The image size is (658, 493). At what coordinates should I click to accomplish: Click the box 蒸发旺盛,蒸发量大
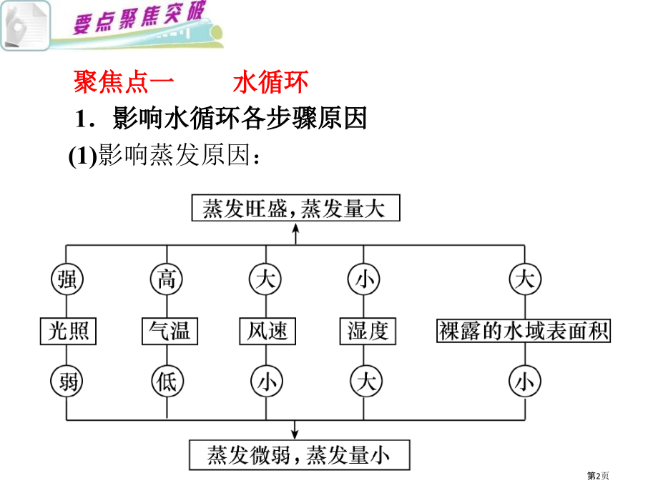tap(295, 209)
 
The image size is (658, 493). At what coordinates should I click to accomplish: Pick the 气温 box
tap(167, 331)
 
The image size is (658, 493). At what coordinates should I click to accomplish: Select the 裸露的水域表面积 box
tap(524, 331)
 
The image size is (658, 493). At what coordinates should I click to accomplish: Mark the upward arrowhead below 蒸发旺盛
tap(295, 228)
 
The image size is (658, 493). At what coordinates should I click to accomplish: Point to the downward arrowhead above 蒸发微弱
tap(295, 432)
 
